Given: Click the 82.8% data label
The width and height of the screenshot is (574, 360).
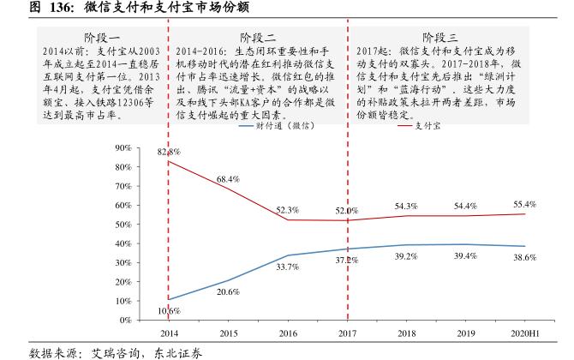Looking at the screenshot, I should tap(168, 152).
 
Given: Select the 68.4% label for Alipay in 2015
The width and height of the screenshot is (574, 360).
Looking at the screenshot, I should tap(228, 179).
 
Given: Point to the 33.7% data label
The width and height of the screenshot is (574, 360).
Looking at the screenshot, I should tap(287, 267).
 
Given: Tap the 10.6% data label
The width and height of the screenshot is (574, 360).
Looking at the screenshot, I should tap(169, 310).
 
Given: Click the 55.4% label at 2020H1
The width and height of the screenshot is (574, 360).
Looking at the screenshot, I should tap(524, 204).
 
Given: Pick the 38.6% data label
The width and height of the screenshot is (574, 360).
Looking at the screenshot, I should tap(524, 257).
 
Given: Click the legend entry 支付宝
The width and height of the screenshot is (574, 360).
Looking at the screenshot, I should tap(415, 126).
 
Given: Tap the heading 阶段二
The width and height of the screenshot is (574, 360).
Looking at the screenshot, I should tap(258, 38).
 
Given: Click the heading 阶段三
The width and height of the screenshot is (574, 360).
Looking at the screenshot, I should tap(441, 38).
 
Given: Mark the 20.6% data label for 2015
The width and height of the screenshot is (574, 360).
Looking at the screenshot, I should tap(228, 292).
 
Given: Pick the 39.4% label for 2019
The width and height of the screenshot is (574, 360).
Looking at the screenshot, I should tap(465, 256).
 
